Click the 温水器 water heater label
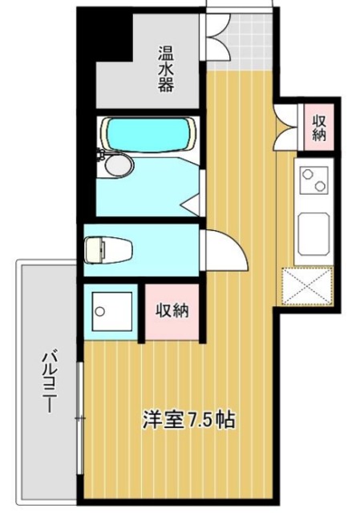(x=165, y=69)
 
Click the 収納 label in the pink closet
(x=172, y=309)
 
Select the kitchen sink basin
(x=313, y=232)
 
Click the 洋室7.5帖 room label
(x=188, y=419)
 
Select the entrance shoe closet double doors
(x=215, y=36)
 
